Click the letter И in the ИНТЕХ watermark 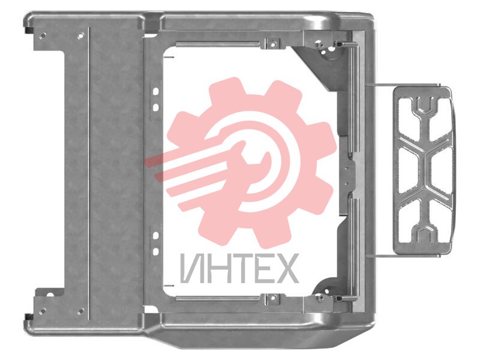pos(191,268)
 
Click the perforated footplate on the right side pos(423,170)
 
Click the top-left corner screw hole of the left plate pos(43,35)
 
